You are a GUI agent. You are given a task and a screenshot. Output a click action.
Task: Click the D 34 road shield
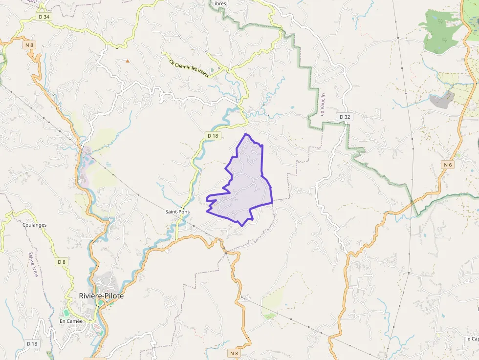(44, 17)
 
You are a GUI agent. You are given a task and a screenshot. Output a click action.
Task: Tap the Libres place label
(219, 3)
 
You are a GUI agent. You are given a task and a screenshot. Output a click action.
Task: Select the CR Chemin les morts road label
(188, 69)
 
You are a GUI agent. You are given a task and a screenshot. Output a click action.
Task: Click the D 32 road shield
(345, 117)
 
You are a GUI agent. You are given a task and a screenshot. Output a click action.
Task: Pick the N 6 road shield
(447, 165)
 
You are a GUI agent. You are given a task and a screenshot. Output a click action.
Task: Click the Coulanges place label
(34, 225)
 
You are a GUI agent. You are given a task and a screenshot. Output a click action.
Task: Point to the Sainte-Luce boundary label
(33, 264)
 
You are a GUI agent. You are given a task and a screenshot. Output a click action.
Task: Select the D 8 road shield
(61, 262)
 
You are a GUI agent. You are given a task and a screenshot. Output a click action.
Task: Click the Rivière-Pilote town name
(101, 296)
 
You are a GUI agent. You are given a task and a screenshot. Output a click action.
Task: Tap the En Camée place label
(71, 321)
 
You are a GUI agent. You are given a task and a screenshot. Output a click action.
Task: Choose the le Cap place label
(472, 339)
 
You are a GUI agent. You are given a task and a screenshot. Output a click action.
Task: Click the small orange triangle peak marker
(128, 61)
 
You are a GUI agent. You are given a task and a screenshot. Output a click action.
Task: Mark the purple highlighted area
(244, 186)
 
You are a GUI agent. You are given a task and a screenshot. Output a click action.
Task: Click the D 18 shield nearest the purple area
(212, 135)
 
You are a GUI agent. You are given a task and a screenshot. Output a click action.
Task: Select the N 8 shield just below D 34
(29, 45)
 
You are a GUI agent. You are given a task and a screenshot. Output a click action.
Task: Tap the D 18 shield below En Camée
(32, 344)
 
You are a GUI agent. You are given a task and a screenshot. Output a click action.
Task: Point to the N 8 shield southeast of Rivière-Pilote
(235, 353)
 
